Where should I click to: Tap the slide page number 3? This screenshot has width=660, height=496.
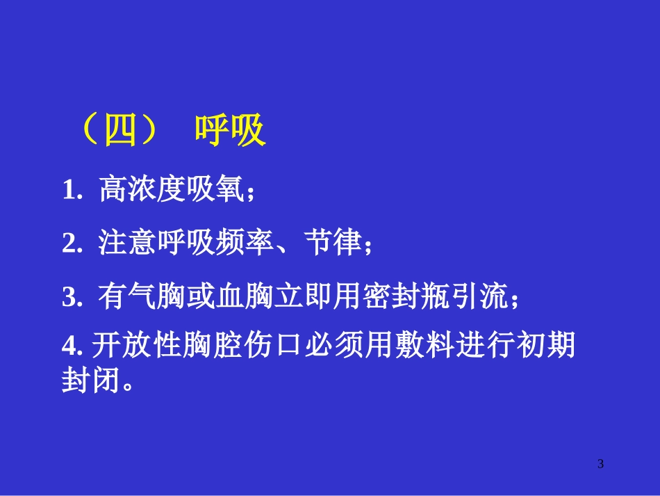(601, 464)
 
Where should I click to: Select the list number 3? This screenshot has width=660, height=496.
(72, 298)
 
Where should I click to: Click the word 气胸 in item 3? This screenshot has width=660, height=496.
(142, 297)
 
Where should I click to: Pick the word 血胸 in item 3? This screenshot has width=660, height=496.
(229, 297)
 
